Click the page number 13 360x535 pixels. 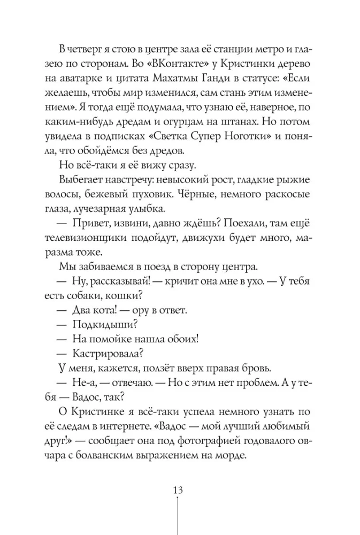click(x=179, y=491)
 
